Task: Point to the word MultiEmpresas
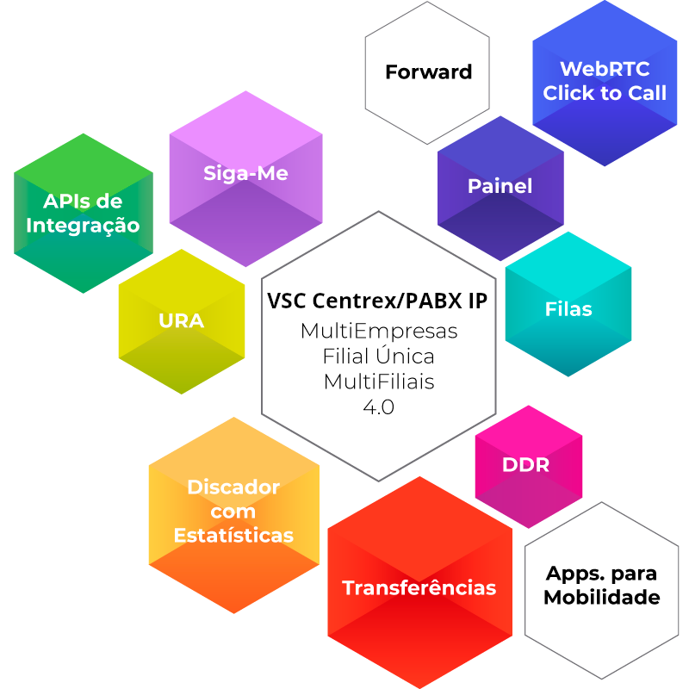pos(379,332)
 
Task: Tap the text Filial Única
pos(379,357)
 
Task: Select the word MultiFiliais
pos(379,382)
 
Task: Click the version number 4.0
pos(379,407)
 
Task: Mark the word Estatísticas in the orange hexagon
pos(233,536)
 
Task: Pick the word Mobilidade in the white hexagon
pos(602,598)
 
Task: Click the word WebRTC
pos(605,69)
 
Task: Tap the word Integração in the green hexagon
pos(84,226)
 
